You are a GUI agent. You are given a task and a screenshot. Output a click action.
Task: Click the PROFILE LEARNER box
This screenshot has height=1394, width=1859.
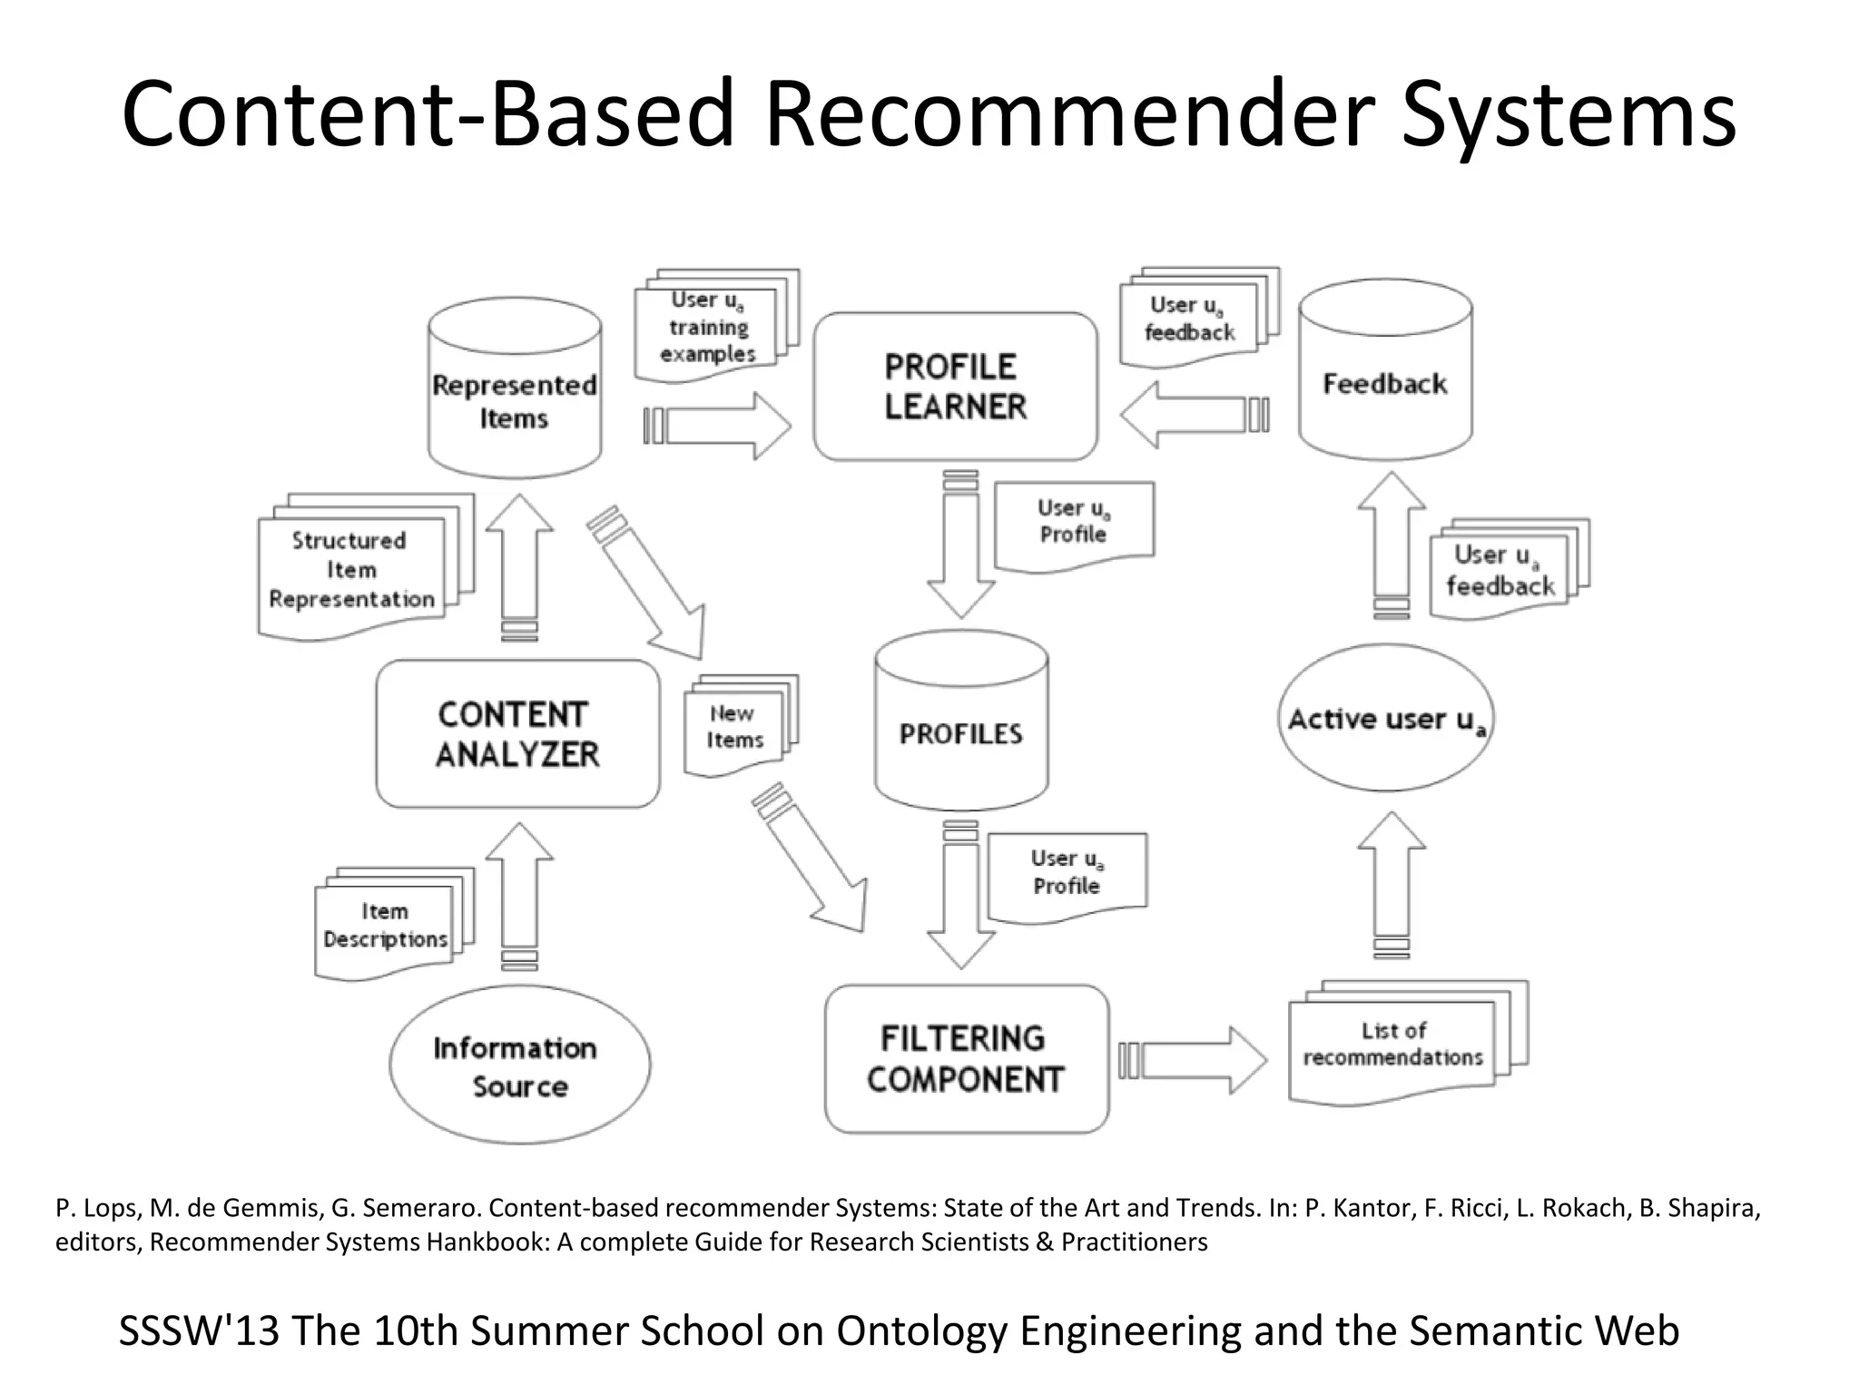point(955,387)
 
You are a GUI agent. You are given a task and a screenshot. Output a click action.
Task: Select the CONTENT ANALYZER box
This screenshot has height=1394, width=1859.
point(517,733)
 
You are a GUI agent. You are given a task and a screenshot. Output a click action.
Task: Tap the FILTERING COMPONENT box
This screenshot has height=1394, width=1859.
point(966,1058)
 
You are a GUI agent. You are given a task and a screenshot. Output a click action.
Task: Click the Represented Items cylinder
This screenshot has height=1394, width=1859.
point(515,390)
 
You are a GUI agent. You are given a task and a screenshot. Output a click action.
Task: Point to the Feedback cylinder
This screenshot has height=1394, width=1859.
point(1385,372)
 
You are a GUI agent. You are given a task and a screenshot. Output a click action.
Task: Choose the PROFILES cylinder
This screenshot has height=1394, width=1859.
point(960,722)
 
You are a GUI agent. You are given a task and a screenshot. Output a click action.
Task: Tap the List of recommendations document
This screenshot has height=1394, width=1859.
point(1392,1045)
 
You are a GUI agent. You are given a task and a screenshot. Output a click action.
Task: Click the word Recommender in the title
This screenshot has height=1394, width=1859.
point(1066,114)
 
